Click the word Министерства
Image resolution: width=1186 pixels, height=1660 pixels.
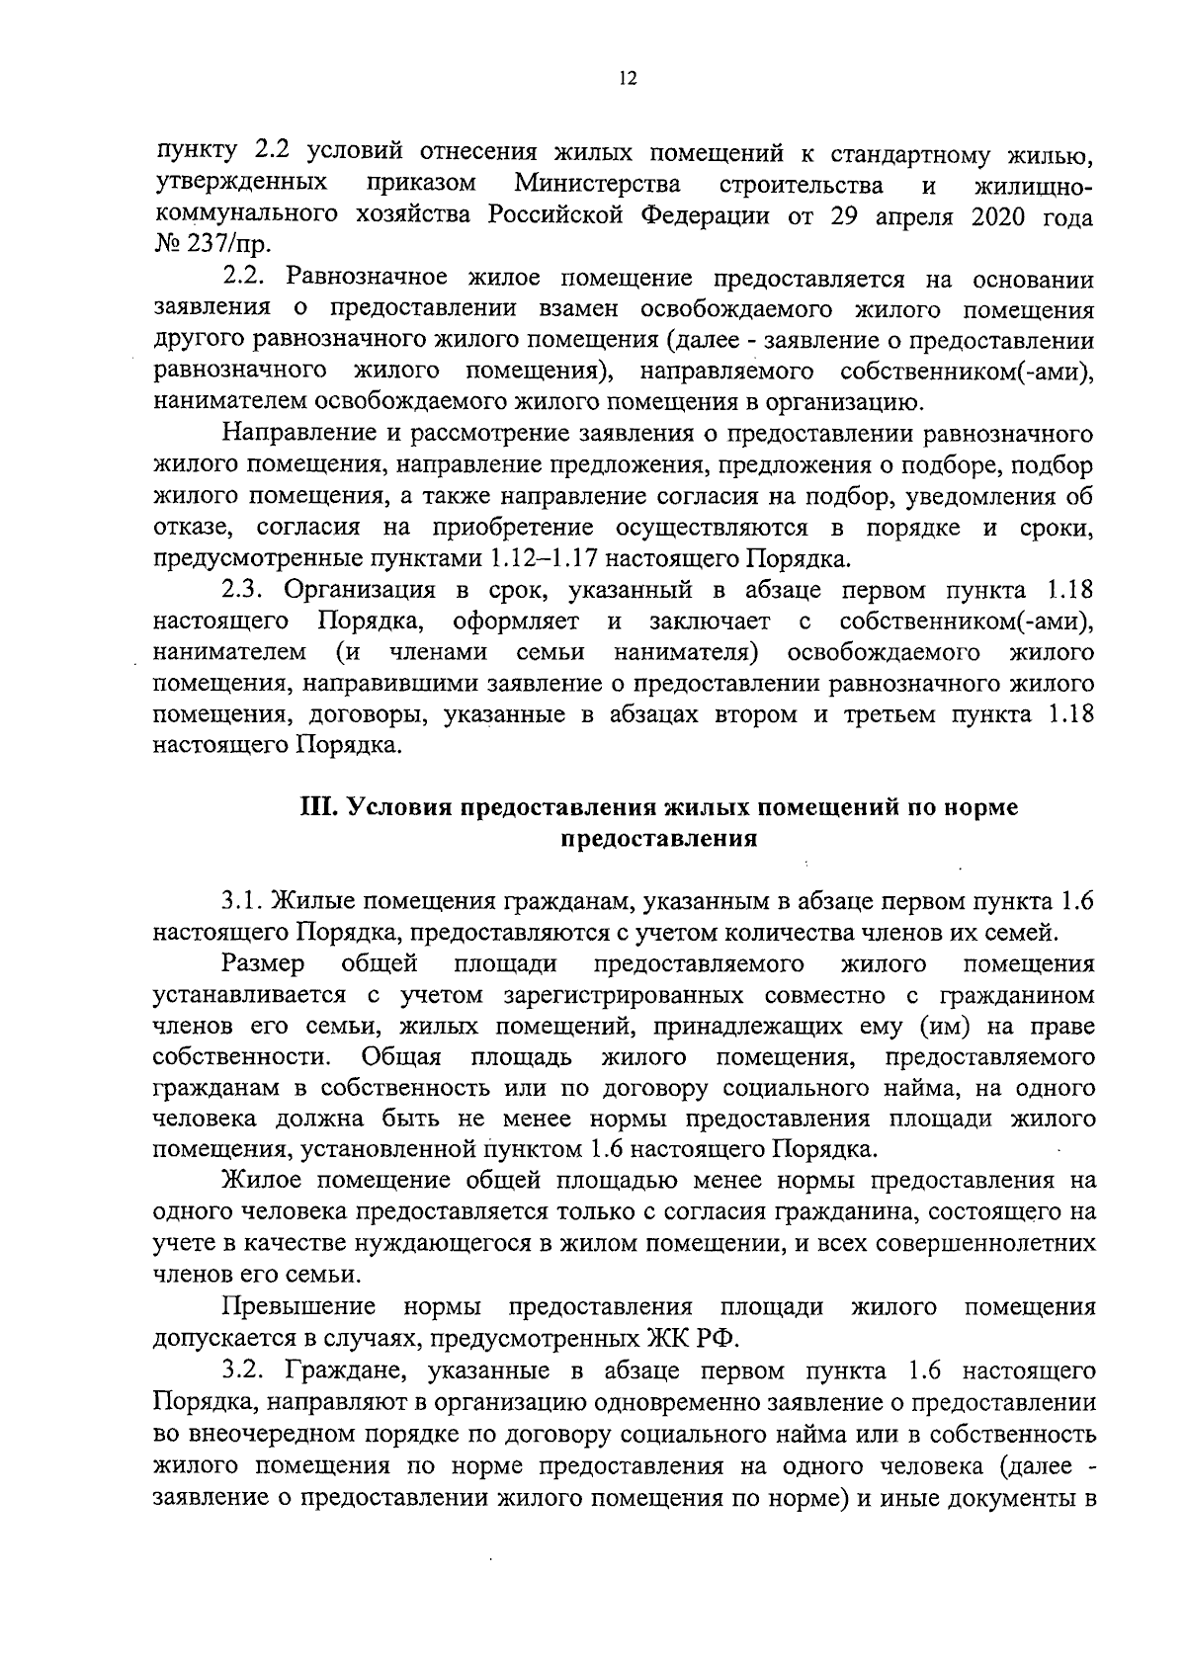(x=597, y=185)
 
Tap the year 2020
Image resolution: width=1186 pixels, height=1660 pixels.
(x=989, y=216)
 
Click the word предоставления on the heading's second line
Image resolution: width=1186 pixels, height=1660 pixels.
(x=659, y=839)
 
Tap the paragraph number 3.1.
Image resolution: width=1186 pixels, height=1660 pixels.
(x=242, y=900)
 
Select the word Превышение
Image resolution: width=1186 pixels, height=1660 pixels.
(x=299, y=1307)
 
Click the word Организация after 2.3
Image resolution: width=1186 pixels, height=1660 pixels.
(x=360, y=591)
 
